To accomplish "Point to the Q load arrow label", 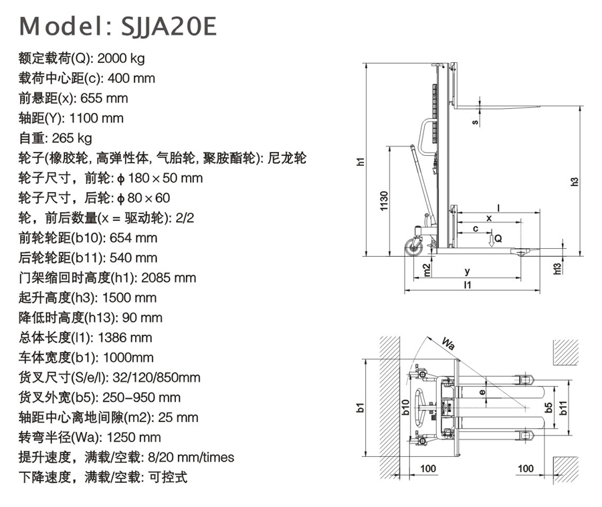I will coord(498,239).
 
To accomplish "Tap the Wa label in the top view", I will coord(448,345).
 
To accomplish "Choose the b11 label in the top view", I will coord(563,407).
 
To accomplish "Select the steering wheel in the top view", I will coord(423,407).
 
